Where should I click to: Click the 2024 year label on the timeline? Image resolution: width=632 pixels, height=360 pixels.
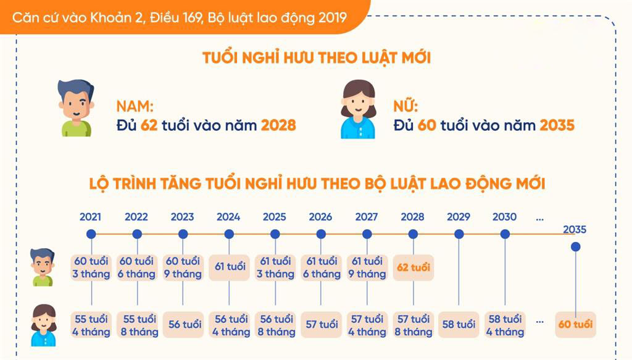tap(228, 217)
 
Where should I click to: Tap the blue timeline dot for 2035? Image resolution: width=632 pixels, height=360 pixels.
tap(576, 247)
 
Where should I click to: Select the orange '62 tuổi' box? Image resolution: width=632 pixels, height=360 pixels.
tap(413, 267)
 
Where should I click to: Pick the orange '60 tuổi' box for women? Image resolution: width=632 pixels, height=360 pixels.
tap(576, 324)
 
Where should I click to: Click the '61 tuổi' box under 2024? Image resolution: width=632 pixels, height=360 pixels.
tap(230, 267)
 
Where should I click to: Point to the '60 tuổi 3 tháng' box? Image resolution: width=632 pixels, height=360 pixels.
tap(91, 267)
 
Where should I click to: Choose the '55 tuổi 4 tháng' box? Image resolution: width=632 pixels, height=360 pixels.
tap(91, 325)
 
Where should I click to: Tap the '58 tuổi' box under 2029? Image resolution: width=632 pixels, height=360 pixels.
tap(459, 325)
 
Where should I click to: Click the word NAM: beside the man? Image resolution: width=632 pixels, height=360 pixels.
tap(135, 106)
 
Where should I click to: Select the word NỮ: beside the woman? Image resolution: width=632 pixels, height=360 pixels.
tap(405, 106)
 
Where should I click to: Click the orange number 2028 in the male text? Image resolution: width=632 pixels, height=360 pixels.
tap(278, 125)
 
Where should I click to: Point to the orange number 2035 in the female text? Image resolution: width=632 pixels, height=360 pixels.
tap(557, 125)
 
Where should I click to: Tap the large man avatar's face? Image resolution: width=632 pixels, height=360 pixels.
tap(76, 103)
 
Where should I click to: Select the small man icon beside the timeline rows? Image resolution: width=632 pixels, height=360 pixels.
tap(43, 267)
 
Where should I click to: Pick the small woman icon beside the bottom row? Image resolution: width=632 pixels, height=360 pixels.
tap(44, 325)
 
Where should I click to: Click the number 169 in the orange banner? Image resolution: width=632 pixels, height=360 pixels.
tap(193, 18)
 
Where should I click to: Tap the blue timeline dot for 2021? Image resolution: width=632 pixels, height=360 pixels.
tap(91, 234)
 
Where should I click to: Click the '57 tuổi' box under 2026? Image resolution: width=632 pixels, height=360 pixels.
tap(321, 325)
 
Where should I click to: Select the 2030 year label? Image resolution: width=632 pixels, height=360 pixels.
tap(504, 217)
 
